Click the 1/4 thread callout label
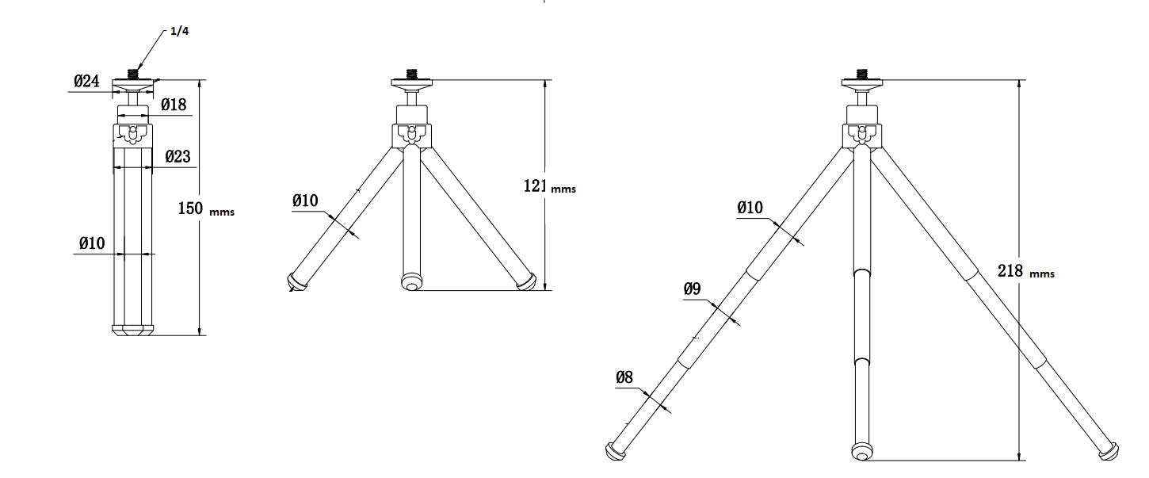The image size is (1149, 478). point(180,31)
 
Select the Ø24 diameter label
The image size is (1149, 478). point(86,81)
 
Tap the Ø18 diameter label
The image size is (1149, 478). point(174,105)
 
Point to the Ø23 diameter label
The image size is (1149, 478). point(178,156)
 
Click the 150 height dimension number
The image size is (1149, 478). point(190,208)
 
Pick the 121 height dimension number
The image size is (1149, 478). point(535,185)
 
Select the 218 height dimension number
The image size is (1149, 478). point(1010,270)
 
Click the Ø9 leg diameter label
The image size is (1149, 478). point(692,289)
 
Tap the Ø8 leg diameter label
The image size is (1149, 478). point(624,377)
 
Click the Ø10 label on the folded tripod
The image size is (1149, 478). point(92,243)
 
